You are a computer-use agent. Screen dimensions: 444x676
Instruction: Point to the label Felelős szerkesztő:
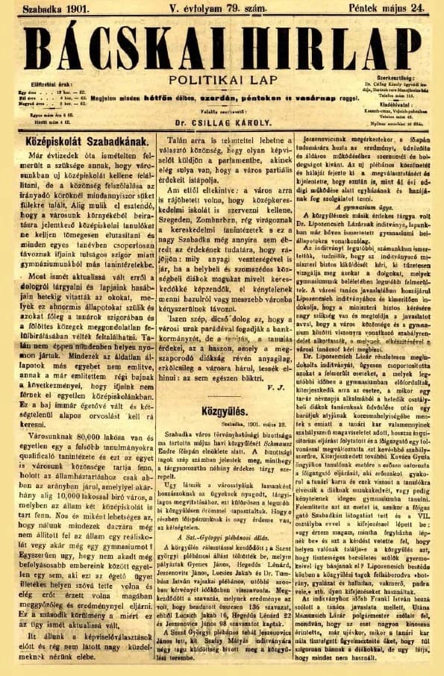click(x=217, y=111)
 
